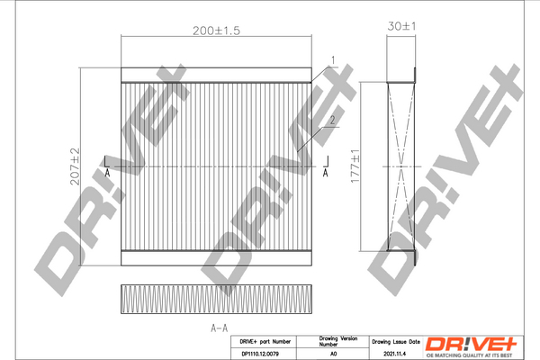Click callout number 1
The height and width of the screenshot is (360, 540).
[x=332, y=60]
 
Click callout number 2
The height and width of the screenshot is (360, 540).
[x=332, y=120]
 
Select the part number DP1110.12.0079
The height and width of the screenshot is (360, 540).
[x=265, y=354]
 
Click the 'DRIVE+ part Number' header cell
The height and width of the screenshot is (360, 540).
[x=265, y=342]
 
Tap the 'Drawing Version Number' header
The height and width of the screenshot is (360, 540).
[x=338, y=342]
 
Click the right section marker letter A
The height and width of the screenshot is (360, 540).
[x=324, y=172]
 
